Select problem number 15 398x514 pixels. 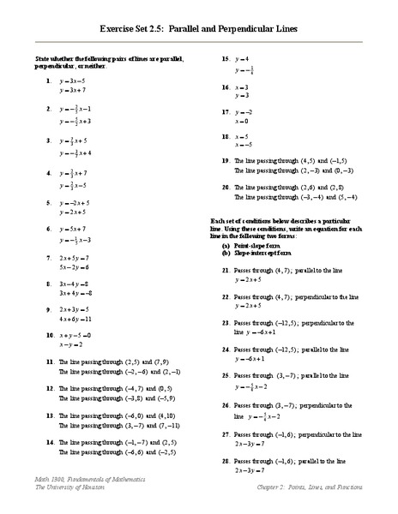point(225,58)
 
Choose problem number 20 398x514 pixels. point(225,186)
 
